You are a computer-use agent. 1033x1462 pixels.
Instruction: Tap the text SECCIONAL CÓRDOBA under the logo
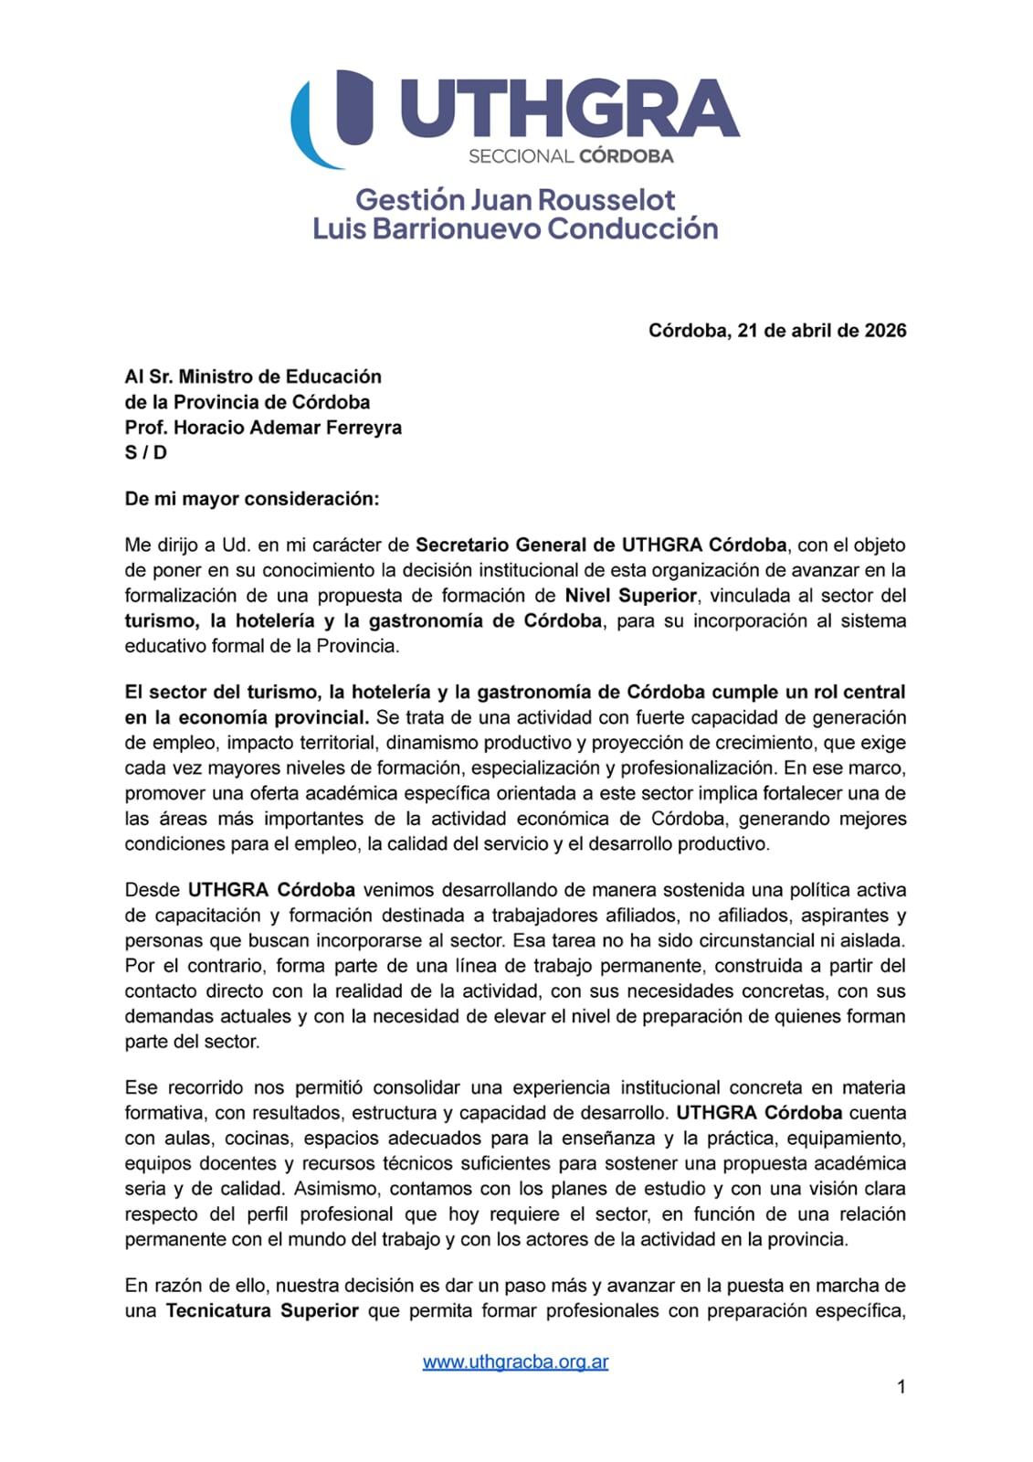pyautogui.click(x=571, y=156)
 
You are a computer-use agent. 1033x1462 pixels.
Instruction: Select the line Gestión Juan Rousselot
pyautogui.click(x=515, y=199)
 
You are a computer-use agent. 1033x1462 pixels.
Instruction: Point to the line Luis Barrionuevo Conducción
pyautogui.click(x=515, y=228)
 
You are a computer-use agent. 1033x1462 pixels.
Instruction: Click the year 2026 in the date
pyautogui.click(x=885, y=331)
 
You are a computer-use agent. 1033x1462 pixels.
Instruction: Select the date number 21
pyautogui.click(x=748, y=331)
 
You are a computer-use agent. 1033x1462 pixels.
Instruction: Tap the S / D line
pyautogui.click(x=146, y=452)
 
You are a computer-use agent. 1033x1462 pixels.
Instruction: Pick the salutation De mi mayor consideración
pyautogui.click(x=251, y=499)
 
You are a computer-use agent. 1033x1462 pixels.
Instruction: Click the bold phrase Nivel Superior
pyautogui.click(x=630, y=596)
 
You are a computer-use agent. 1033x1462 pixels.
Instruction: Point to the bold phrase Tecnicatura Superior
pyautogui.click(x=261, y=1311)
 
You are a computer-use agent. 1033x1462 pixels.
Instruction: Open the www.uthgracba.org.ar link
pyautogui.click(x=515, y=1361)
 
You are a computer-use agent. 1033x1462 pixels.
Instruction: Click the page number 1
pyautogui.click(x=901, y=1387)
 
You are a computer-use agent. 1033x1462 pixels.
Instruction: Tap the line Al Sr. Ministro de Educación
pyautogui.click(x=253, y=376)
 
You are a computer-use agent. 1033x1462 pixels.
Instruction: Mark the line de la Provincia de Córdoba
pyautogui.click(x=248, y=402)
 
